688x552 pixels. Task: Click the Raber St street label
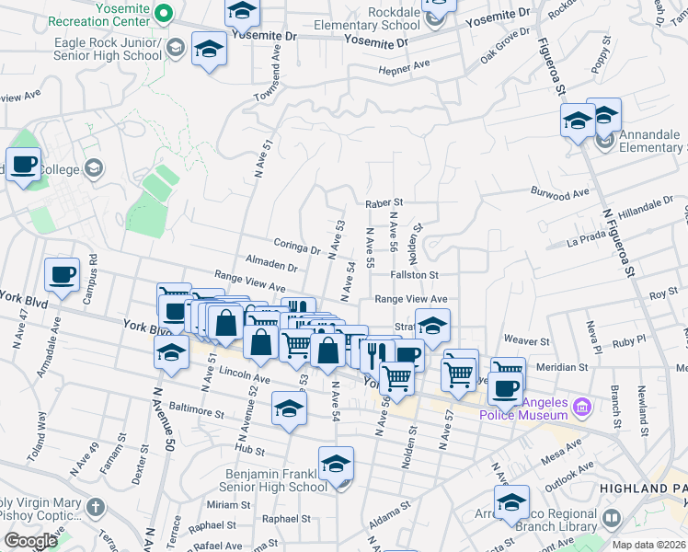pos(384,202)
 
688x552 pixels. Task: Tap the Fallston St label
pos(413,274)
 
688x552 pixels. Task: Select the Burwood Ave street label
pos(559,193)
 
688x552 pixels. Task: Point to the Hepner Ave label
pos(405,66)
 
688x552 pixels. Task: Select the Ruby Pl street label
pos(630,340)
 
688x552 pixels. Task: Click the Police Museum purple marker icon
pos(581,406)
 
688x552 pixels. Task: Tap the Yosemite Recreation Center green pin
pos(164,13)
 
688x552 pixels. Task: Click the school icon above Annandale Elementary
pos(603,115)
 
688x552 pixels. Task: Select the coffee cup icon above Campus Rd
pos(63,274)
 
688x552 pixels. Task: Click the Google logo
pos(30,541)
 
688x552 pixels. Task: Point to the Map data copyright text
pos(649,545)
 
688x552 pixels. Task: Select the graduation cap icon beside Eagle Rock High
pos(209,49)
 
